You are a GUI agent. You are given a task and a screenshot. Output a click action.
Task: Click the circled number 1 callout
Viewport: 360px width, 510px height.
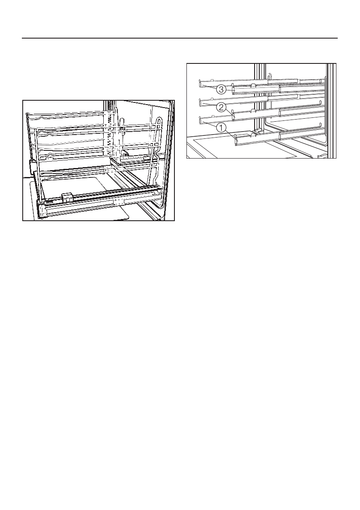[221, 127]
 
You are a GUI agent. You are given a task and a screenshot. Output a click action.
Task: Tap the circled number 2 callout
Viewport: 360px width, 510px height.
[221, 105]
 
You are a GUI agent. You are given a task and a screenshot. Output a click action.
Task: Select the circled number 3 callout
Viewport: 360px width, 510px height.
[221, 90]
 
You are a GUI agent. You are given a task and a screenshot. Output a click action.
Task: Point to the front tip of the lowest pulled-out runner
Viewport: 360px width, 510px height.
[236, 141]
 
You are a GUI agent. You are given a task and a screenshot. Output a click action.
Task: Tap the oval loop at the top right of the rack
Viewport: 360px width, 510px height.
[160, 122]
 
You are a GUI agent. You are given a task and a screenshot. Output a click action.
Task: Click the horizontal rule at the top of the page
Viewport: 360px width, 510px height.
[180, 38]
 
